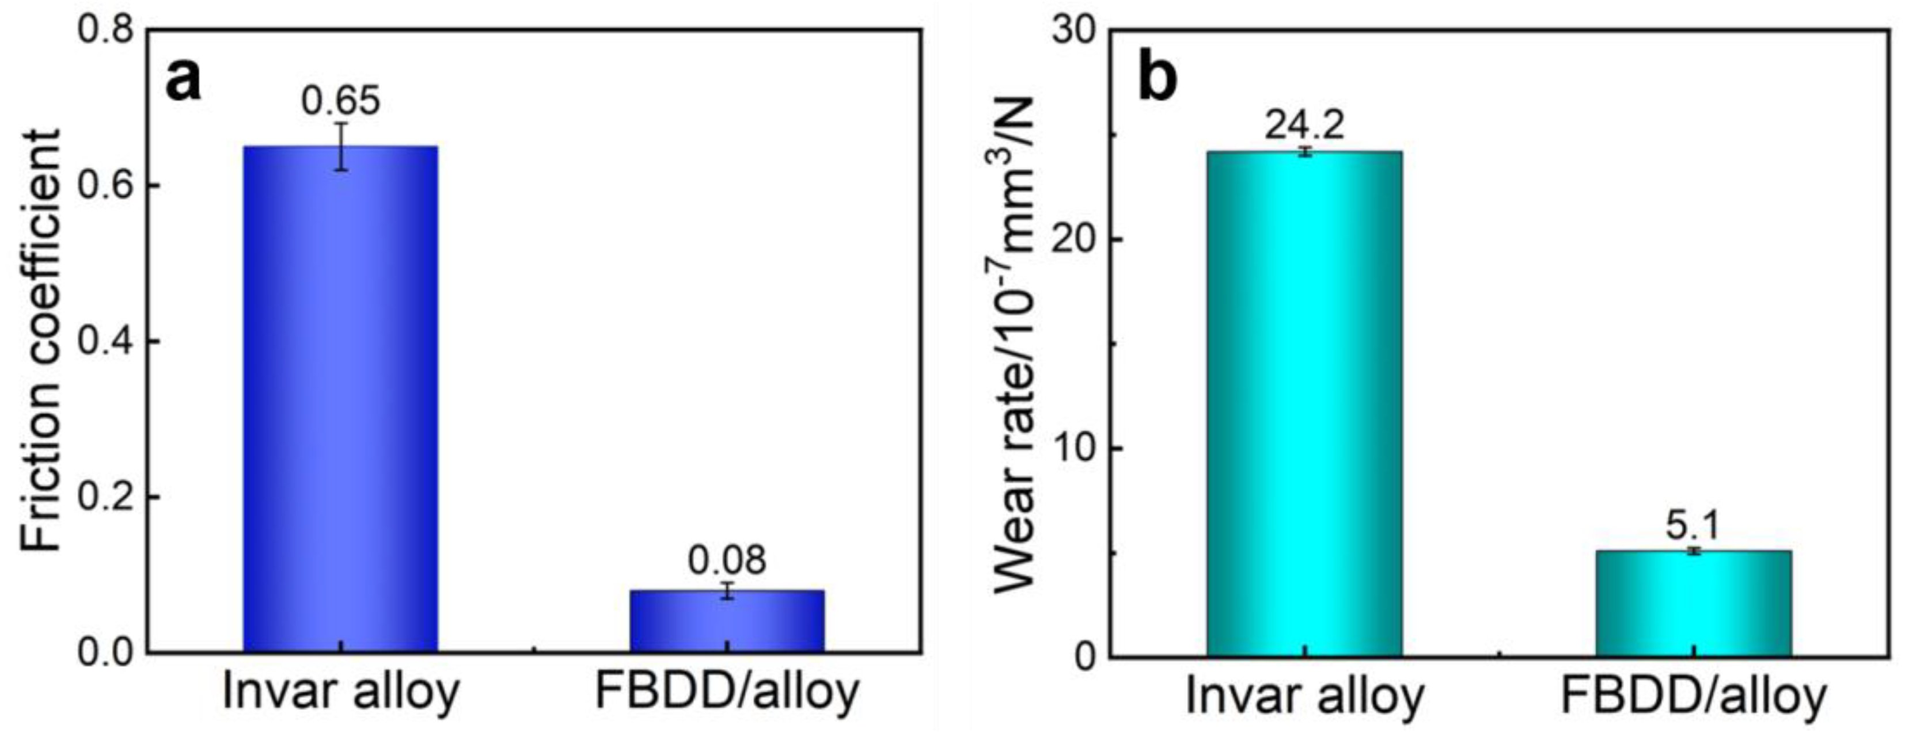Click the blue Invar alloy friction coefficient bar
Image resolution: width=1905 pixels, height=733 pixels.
[340, 399]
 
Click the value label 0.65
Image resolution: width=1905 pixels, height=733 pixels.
[340, 101]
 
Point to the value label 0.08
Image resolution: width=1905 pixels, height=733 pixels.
[727, 561]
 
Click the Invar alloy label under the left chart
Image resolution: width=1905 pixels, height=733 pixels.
[340, 692]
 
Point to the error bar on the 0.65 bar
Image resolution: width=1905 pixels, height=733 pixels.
[341, 146]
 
